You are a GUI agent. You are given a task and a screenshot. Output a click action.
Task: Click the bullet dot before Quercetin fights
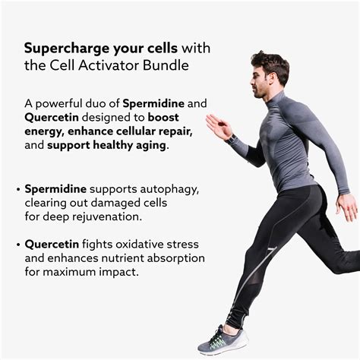point(17,244)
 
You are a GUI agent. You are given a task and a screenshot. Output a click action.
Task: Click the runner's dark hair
point(270,61)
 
